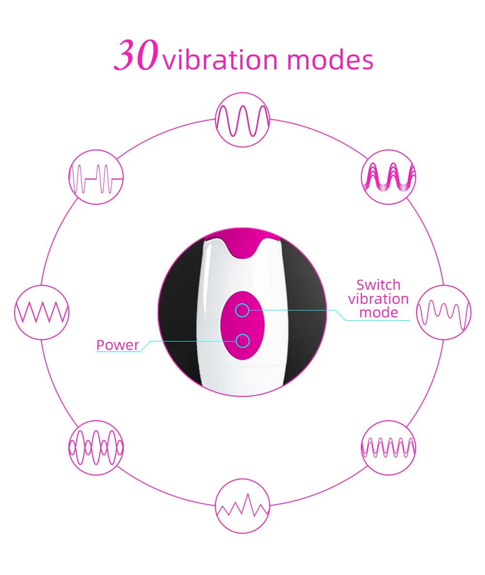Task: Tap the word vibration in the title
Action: [x=221, y=60]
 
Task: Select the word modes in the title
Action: [x=330, y=60]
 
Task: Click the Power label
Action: [x=117, y=345]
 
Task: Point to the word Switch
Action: [x=378, y=284]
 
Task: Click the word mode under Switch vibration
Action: [x=378, y=312]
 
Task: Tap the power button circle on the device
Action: [x=242, y=341]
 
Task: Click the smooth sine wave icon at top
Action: [x=242, y=119]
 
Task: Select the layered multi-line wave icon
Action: [x=389, y=176]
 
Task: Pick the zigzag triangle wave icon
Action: [x=42, y=312]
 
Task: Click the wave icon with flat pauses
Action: [x=96, y=177]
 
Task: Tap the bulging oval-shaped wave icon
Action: [x=96, y=447]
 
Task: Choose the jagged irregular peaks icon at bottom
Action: [x=242, y=506]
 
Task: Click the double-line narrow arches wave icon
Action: [x=389, y=447]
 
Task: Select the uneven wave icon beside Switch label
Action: [x=444, y=312]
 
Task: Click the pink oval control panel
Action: [x=242, y=325]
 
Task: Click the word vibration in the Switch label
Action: [x=378, y=298]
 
